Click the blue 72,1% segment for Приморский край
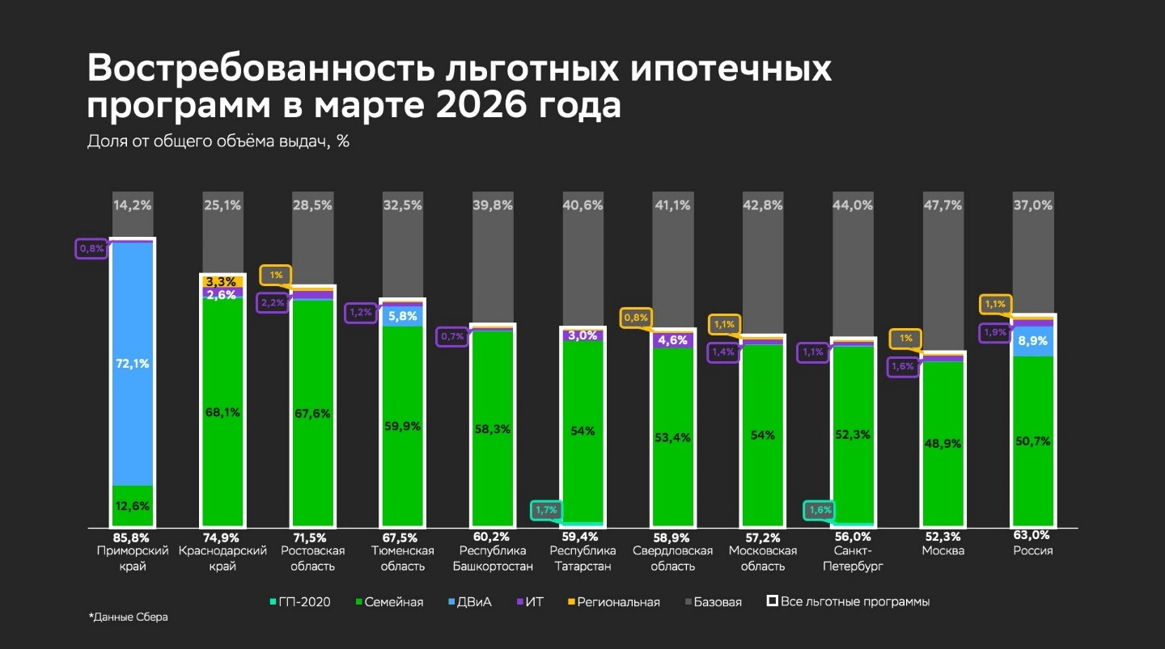(132, 364)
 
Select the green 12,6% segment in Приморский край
(132, 506)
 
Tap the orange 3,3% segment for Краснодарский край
(222, 281)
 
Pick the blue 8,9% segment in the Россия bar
(1033, 341)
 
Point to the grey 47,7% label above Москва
(943, 205)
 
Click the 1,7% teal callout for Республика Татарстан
(546, 510)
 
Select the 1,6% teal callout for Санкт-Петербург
(819, 510)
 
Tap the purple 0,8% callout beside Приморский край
(91, 248)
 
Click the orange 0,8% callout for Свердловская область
(636, 318)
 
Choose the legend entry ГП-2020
(300, 602)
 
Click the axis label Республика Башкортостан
(492, 558)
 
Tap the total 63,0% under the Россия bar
(1033, 535)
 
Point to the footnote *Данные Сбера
(128, 617)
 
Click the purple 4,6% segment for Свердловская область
(673, 340)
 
